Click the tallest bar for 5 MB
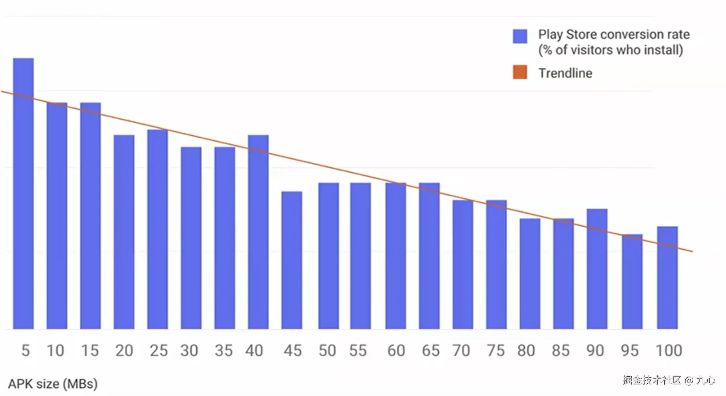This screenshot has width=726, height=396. click(23, 194)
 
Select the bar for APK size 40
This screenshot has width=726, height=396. click(258, 232)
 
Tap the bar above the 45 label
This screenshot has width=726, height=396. click(292, 260)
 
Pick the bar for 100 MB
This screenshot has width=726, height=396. click(668, 277)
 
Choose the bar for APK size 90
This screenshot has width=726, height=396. click(597, 269)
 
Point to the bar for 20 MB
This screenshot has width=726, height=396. click(124, 232)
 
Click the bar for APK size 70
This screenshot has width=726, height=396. click(463, 264)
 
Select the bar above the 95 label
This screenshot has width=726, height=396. click(632, 281)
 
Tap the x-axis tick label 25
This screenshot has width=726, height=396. click(158, 351)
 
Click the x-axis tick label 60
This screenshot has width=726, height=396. click(396, 351)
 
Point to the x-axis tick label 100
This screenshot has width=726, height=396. click(668, 351)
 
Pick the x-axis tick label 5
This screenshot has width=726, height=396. click(25, 351)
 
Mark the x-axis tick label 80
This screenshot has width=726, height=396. click(526, 351)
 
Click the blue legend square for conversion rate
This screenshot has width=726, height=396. click(520, 36)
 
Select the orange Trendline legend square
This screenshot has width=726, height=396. click(520, 73)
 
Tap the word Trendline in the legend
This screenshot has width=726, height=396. click(565, 73)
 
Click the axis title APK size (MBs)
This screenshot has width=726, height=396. click(53, 384)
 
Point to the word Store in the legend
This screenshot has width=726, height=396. click(583, 35)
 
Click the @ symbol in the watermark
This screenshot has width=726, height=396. click(689, 381)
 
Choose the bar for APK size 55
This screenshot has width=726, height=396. click(360, 256)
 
